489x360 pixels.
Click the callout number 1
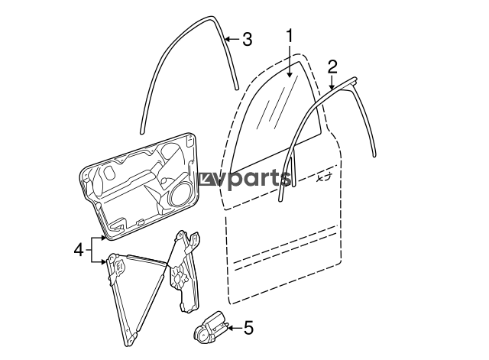click(x=290, y=36)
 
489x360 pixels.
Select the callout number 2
click(x=332, y=67)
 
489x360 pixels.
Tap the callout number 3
click(x=247, y=40)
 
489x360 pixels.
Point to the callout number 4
click(x=79, y=250)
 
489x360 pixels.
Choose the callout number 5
click(x=248, y=328)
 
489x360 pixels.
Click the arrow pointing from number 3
click(x=232, y=39)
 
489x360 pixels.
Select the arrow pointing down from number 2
click(x=332, y=83)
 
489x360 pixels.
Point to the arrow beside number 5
click(x=235, y=328)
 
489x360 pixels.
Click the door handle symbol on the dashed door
click(x=324, y=178)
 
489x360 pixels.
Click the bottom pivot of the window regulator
click(x=131, y=339)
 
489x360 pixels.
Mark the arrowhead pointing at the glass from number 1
click(x=290, y=74)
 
